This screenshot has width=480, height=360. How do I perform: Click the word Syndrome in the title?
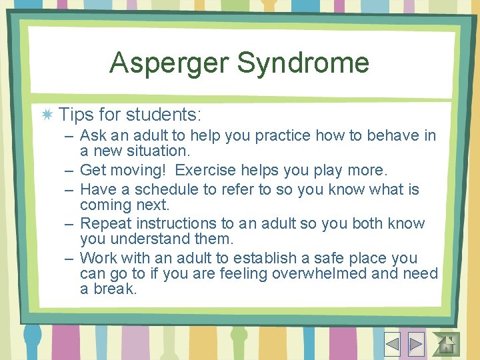coord(303,63)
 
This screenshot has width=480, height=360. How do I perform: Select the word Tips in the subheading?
coord(75,114)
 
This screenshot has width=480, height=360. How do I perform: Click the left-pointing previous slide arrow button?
coord(392,343)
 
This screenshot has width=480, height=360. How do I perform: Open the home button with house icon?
coord(447,343)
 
